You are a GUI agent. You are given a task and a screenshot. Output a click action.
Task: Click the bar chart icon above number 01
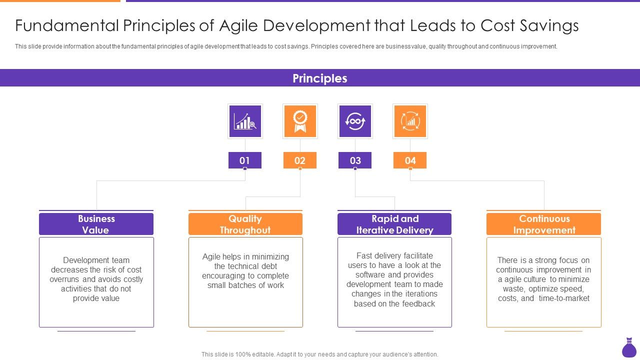(245, 121)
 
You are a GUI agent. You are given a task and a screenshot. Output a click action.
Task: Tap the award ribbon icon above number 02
(300, 121)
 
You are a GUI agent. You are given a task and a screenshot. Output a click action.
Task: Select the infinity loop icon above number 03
(355, 121)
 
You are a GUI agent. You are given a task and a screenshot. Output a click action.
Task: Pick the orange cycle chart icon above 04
(410, 121)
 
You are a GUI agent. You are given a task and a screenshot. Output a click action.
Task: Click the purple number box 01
(244, 160)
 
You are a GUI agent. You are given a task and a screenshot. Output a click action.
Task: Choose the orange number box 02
(300, 160)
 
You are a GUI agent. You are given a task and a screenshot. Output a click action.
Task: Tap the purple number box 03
(355, 160)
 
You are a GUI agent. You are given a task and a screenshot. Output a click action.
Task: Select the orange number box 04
(410, 160)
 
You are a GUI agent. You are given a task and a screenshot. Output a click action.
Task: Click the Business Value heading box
(96, 224)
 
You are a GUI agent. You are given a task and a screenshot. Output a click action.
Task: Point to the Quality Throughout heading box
(245, 224)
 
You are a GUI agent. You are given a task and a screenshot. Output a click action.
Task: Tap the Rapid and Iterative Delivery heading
(394, 224)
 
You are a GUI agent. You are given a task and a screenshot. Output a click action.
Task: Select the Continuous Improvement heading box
(543, 224)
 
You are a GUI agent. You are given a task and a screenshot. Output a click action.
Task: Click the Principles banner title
(319, 78)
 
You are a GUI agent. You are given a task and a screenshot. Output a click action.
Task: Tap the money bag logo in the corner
(629, 348)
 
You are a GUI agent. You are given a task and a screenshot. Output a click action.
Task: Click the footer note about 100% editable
(319, 354)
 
